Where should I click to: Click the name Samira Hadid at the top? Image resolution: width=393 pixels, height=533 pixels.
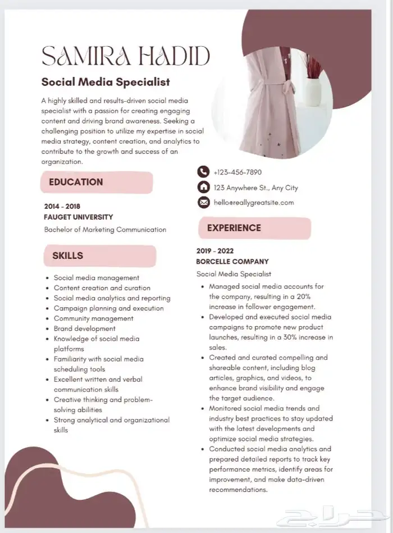(x=126, y=56)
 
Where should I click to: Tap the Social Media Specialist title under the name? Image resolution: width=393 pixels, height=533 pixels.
(x=106, y=82)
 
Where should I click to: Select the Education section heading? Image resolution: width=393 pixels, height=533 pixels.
(x=76, y=182)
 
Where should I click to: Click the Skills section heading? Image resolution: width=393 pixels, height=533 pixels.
(x=67, y=256)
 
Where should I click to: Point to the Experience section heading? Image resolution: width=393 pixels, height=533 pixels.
(x=234, y=228)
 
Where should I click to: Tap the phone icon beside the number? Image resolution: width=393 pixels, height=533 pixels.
(x=203, y=172)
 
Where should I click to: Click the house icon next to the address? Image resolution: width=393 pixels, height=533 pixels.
(x=203, y=188)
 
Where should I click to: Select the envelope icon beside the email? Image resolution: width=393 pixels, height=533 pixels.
(x=203, y=203)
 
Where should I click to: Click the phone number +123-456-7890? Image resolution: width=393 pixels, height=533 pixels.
(x=237, y=172)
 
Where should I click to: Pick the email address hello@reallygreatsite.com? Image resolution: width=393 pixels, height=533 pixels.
(x=254, y=203)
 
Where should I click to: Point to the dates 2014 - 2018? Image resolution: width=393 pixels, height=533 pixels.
(x=62, y=206)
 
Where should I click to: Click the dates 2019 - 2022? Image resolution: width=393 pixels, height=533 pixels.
(x=215, y=251)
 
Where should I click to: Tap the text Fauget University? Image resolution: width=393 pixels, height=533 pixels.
(x=78, y=217)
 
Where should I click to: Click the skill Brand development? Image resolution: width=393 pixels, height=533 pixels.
(x=85, y=329)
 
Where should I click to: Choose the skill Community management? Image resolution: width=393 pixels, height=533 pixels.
(x=93, y=318)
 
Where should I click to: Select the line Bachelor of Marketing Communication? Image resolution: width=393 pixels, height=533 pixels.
(x=105, y=229)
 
